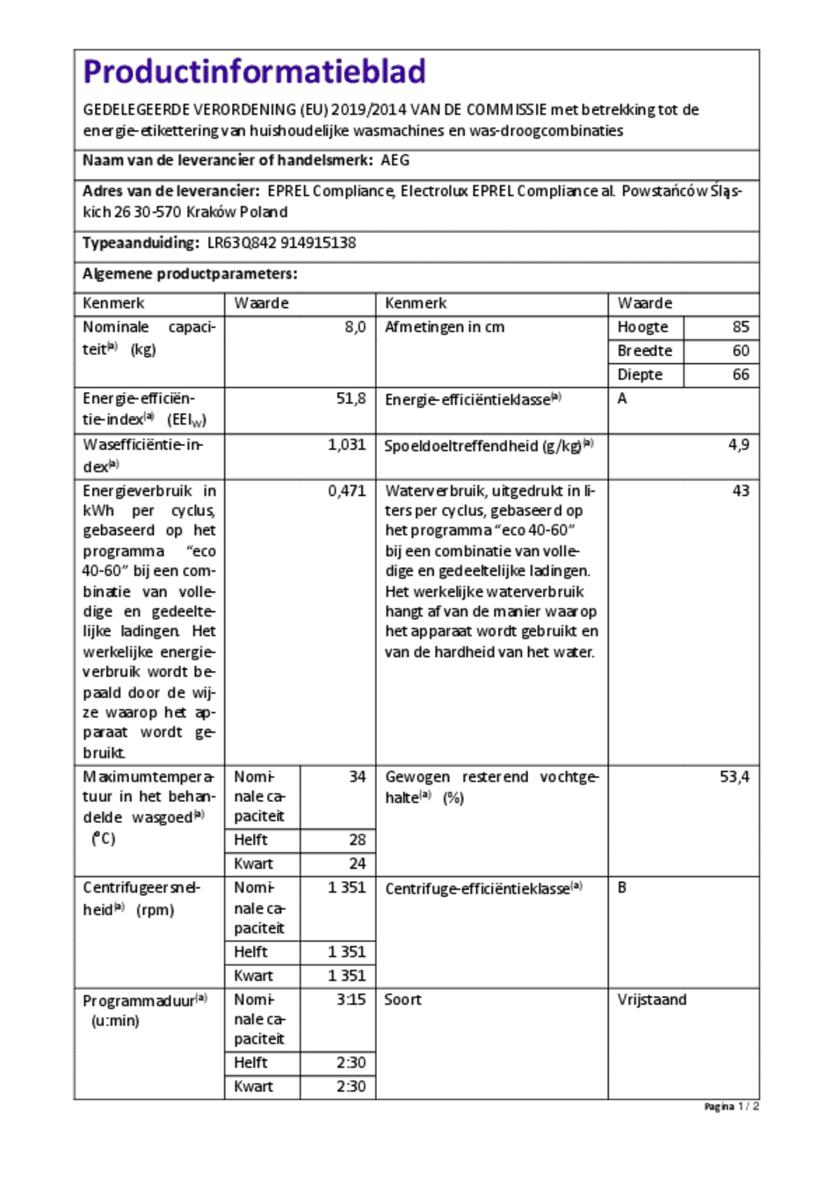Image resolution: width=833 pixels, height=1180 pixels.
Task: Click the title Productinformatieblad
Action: point(254,71)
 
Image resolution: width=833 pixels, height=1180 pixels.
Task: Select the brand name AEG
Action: point(395,161)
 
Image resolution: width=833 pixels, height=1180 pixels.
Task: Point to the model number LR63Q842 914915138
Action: point(281,244)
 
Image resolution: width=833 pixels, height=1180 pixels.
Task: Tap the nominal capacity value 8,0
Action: point(355,327)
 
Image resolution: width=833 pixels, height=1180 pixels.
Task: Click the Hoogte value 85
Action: point(741,327)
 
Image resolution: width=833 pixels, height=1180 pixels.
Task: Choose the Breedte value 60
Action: point(741,351)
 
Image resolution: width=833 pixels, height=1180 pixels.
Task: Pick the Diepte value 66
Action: point(741,375)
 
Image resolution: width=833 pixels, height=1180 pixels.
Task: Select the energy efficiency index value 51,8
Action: point(351,398)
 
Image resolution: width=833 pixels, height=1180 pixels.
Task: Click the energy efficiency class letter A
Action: point(622,399)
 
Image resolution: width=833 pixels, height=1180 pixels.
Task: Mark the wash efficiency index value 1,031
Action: point(346,445)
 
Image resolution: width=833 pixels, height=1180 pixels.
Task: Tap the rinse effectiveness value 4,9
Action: point(738,445)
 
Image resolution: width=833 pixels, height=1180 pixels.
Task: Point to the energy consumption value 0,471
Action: point(346,491)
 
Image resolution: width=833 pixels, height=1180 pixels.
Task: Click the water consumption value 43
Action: point(741,491)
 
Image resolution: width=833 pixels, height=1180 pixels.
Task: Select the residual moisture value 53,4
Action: point(734,777)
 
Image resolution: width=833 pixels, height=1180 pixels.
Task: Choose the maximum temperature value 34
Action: point(357,777)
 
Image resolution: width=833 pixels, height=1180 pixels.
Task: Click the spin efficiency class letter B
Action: point(622,888)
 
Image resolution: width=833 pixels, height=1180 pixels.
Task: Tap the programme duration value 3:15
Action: point(351,1000)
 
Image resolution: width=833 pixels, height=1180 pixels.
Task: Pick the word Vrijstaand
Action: point(652,1000)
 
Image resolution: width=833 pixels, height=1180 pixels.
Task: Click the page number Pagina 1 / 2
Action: point(731,1107)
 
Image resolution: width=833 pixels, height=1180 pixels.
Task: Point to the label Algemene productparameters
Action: point(190,274)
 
